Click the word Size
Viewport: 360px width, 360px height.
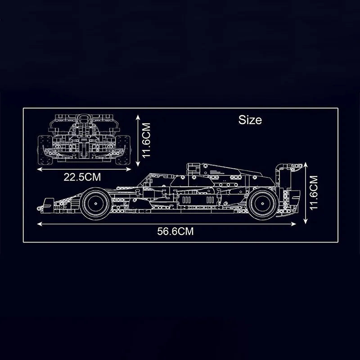point(250,120)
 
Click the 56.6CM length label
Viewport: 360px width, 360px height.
point(175,231)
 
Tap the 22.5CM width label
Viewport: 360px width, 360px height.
point(82,177)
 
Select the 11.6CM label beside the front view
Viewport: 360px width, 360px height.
point(146,140)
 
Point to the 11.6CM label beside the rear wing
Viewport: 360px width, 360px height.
point(313,193)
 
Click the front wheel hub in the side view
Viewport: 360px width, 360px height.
point(96,204)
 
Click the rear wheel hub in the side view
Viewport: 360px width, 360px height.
point(263,204)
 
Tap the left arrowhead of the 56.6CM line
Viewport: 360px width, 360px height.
point(40,224)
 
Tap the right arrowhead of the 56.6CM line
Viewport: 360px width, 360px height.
point(293,224)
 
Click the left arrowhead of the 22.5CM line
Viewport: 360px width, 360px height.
point(40,170)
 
